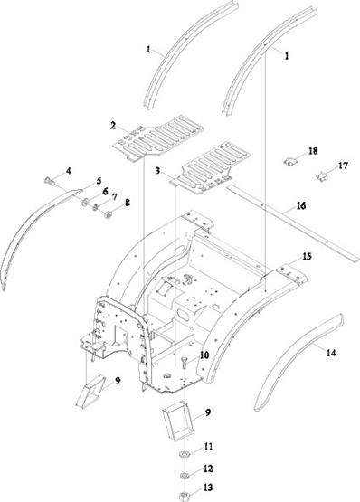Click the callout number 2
(113, 125)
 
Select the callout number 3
(157, 171)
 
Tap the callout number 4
(68, 171)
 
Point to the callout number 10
(204, 355)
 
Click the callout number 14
(331, 353)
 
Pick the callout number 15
(307, 257)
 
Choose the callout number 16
(301, 205)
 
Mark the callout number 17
(343, 166)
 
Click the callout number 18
(313, 151)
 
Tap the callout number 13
(208, 488)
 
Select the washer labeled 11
(185, 454)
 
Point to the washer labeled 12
(185, 476)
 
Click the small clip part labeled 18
(289, 162)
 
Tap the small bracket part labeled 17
(322, 176)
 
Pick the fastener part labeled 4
(49, 181)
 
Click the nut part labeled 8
(109, 215)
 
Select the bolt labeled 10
(185, 365)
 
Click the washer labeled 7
(96, 208)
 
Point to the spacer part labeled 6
(85, 203)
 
